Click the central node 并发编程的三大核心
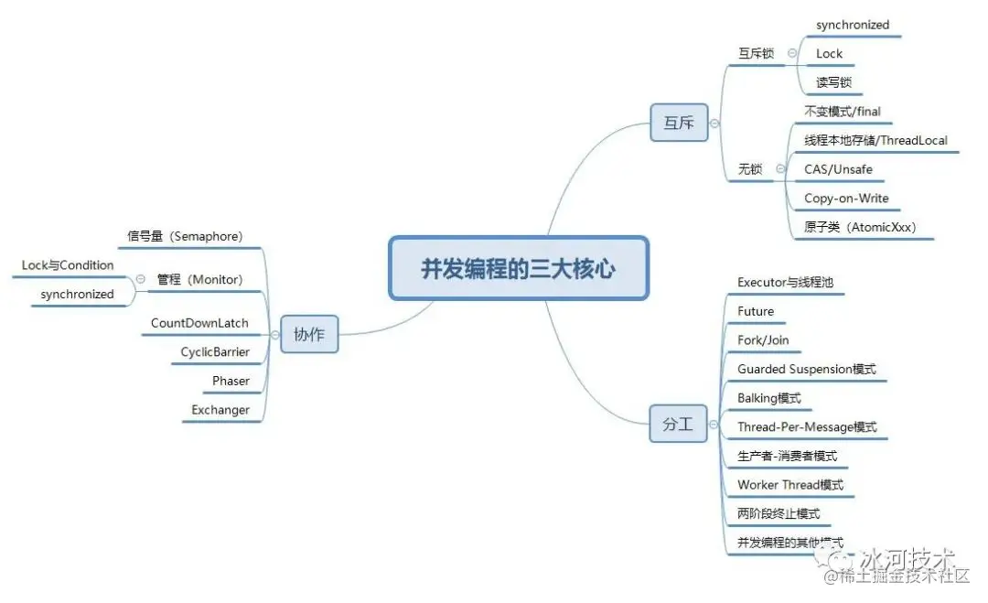click(x=518, y=268)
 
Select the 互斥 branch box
click(x=679, y=123)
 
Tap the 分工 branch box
click(x=678, y=425)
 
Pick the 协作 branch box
click(x=308, y=335)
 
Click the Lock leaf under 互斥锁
click(x=829, y=54)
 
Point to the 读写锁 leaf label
click(x=833, y=82)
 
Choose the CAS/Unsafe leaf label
click(x=838, y=169)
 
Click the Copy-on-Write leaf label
click(x=846, y=199)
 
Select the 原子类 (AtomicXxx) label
click(x=860, y=227)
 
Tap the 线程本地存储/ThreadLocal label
click(x=875, y=141)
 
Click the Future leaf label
click(x=756, y=312)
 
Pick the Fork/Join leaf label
click(x=763, y=340)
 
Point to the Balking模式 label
click(x=768, y=398)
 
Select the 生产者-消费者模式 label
click(x=787, y=456)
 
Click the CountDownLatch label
click(x=199, y=324)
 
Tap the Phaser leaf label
click(x=231, y=381)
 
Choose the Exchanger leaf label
click(x=220, y=410)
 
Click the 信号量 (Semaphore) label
click(x=185, y=236)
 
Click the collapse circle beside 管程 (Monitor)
click(x=140, y=279)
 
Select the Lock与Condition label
click(x=68, y=265)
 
